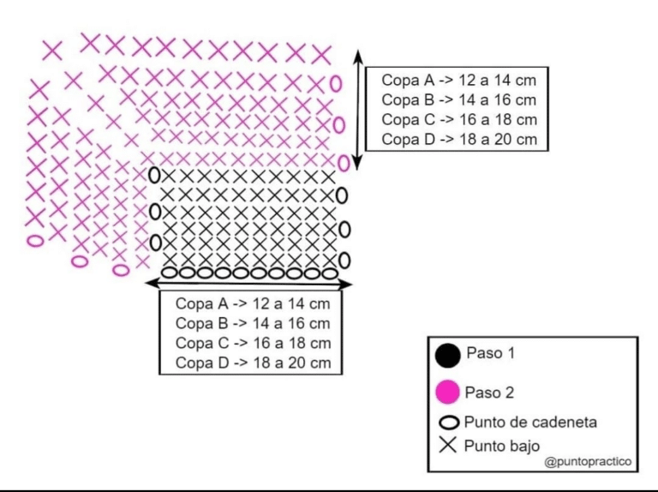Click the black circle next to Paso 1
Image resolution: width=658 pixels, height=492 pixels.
click(448, 356)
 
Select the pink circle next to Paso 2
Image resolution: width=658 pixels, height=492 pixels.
click(448, 392)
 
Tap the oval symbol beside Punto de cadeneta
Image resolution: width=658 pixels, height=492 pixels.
click(449, 423)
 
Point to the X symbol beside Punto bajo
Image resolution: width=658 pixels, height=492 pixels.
click(448, 445)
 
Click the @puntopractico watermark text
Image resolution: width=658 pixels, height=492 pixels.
click(588, 462)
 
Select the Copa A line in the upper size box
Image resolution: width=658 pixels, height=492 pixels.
click(458, 80)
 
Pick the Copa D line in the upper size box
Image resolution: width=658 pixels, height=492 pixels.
click(459, 139)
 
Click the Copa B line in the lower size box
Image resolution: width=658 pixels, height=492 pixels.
click(253, 323)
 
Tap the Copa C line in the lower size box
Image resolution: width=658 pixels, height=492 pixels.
click(253, 343)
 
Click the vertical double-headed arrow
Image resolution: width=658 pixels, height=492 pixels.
click(357, 110)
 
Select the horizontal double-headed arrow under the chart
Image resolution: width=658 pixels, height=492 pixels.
click(248, 284)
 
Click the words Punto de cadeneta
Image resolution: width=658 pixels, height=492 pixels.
click(530, 423)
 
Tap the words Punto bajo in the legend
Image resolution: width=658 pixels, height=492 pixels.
click(502, 446)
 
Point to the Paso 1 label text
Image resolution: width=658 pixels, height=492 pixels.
click(490, 353)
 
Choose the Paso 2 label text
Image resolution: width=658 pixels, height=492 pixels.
click(489, 393)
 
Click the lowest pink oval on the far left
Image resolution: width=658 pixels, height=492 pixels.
click(35, 241)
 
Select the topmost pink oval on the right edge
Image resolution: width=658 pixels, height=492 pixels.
click(336, 83)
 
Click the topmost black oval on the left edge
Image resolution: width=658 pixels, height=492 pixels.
click(154, 175)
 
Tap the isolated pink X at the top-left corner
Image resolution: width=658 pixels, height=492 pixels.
click(52, 51)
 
